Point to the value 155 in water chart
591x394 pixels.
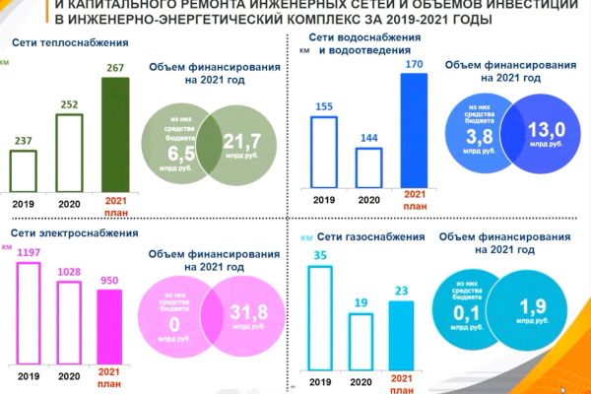pyautogui.click(x=325, y=106)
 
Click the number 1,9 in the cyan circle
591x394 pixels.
pyautogui.click(x=537, y=302)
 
